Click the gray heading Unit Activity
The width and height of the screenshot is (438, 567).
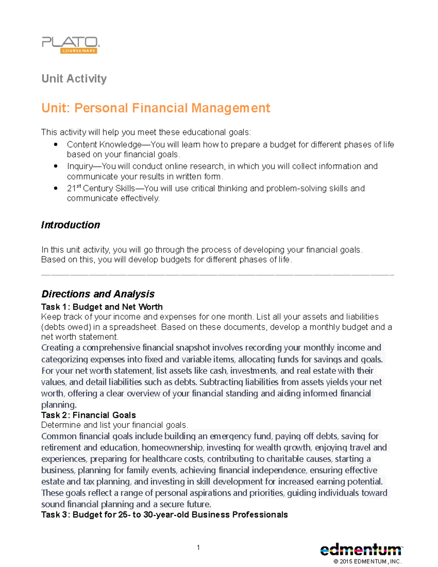74,78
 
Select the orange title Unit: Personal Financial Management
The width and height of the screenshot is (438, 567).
155,108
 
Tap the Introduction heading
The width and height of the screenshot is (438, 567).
70,225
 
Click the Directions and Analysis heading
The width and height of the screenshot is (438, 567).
98,294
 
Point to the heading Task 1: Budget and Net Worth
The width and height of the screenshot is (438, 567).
102,307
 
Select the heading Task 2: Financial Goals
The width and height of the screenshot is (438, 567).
88,415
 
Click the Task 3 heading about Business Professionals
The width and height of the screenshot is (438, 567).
164,515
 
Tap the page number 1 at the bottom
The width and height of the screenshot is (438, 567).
198,547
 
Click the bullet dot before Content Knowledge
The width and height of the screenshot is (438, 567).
55,145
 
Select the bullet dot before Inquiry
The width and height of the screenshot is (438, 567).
55,166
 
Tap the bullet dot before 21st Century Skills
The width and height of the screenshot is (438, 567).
55,188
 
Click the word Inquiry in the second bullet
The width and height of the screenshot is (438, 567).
80,166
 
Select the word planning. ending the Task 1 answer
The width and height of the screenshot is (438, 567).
59,405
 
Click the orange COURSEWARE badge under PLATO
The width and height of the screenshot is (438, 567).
78,51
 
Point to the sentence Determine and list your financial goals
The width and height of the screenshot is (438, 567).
115,425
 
